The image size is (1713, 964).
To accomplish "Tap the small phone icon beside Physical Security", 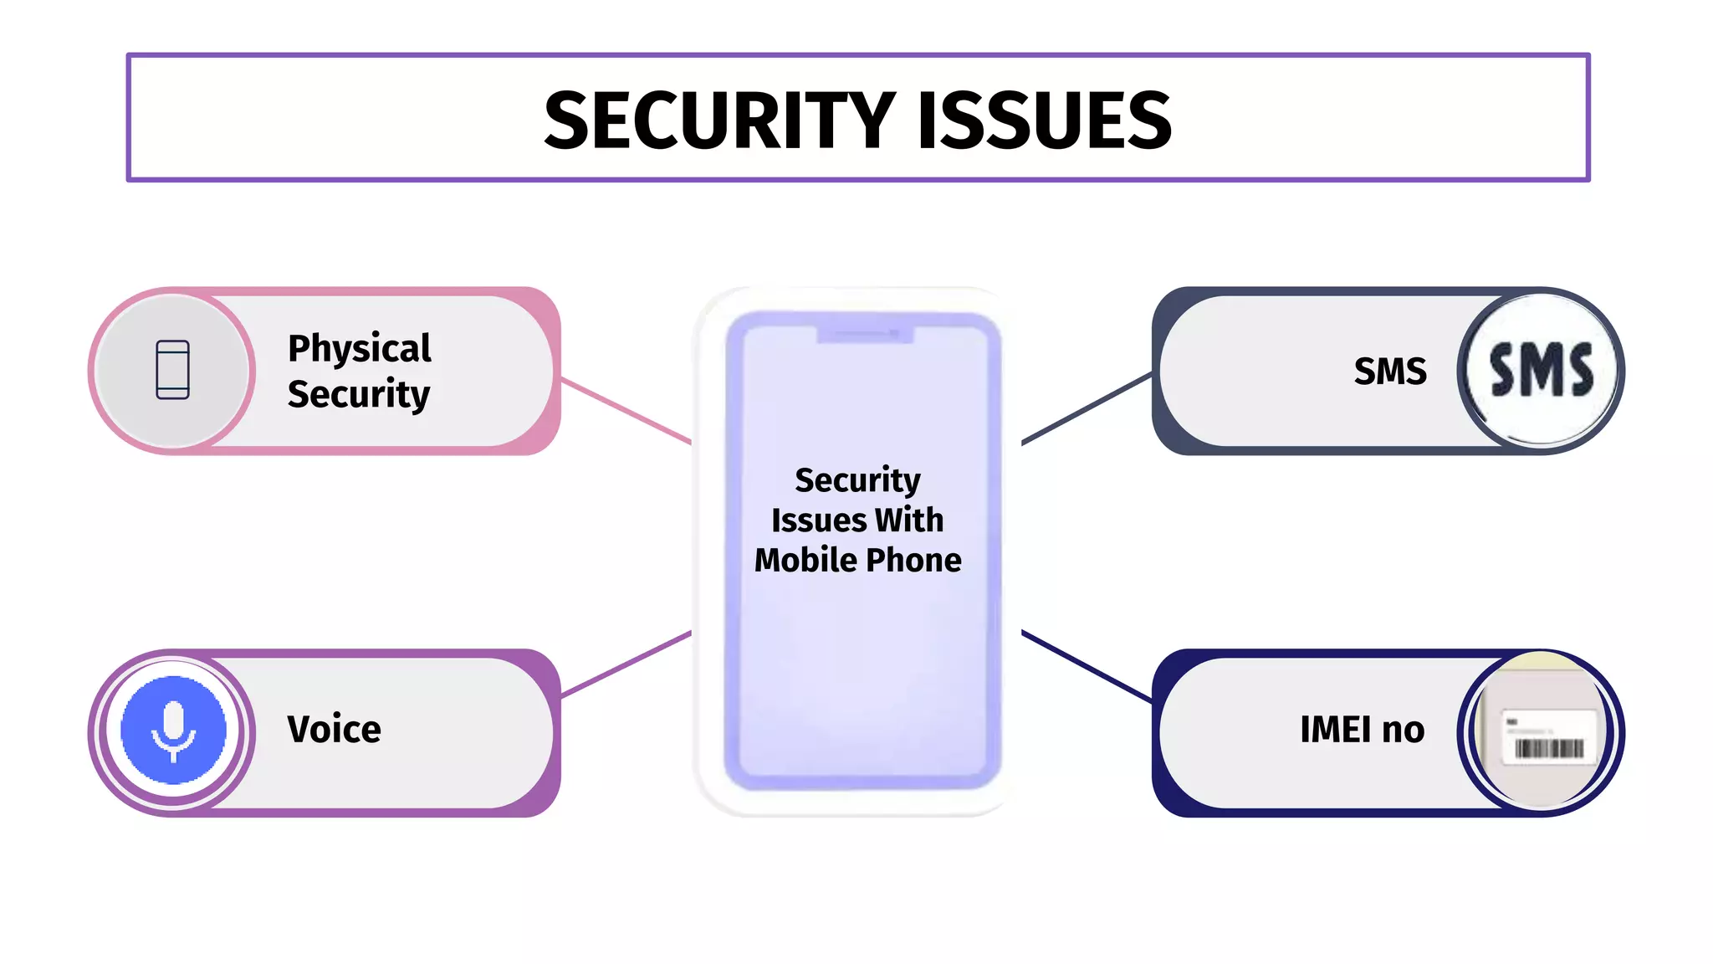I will pos(172,369).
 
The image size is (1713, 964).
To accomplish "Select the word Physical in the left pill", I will pos(359,348).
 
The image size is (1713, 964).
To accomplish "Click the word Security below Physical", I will pos(358,393).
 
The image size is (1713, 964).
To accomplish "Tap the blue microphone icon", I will pos(173,729).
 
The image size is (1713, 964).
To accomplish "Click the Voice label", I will pos(334,729).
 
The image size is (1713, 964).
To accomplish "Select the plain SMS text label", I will pos(1389,371).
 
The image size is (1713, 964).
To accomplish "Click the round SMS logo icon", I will pos(1541,371).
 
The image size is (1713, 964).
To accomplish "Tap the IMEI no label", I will pos(1362,729).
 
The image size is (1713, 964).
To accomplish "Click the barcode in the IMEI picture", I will pos(1549,747).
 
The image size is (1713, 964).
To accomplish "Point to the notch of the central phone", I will pos(865,335).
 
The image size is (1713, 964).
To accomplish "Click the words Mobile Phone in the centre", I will pos(857,560).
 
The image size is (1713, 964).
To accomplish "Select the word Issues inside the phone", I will pos(818,520).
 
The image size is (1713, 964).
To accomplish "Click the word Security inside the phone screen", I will pos(857,480).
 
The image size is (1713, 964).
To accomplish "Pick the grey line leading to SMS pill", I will pos(1087,408).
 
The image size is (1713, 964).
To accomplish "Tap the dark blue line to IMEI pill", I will pos(1087,666).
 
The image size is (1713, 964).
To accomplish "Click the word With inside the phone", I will pos(909,520).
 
